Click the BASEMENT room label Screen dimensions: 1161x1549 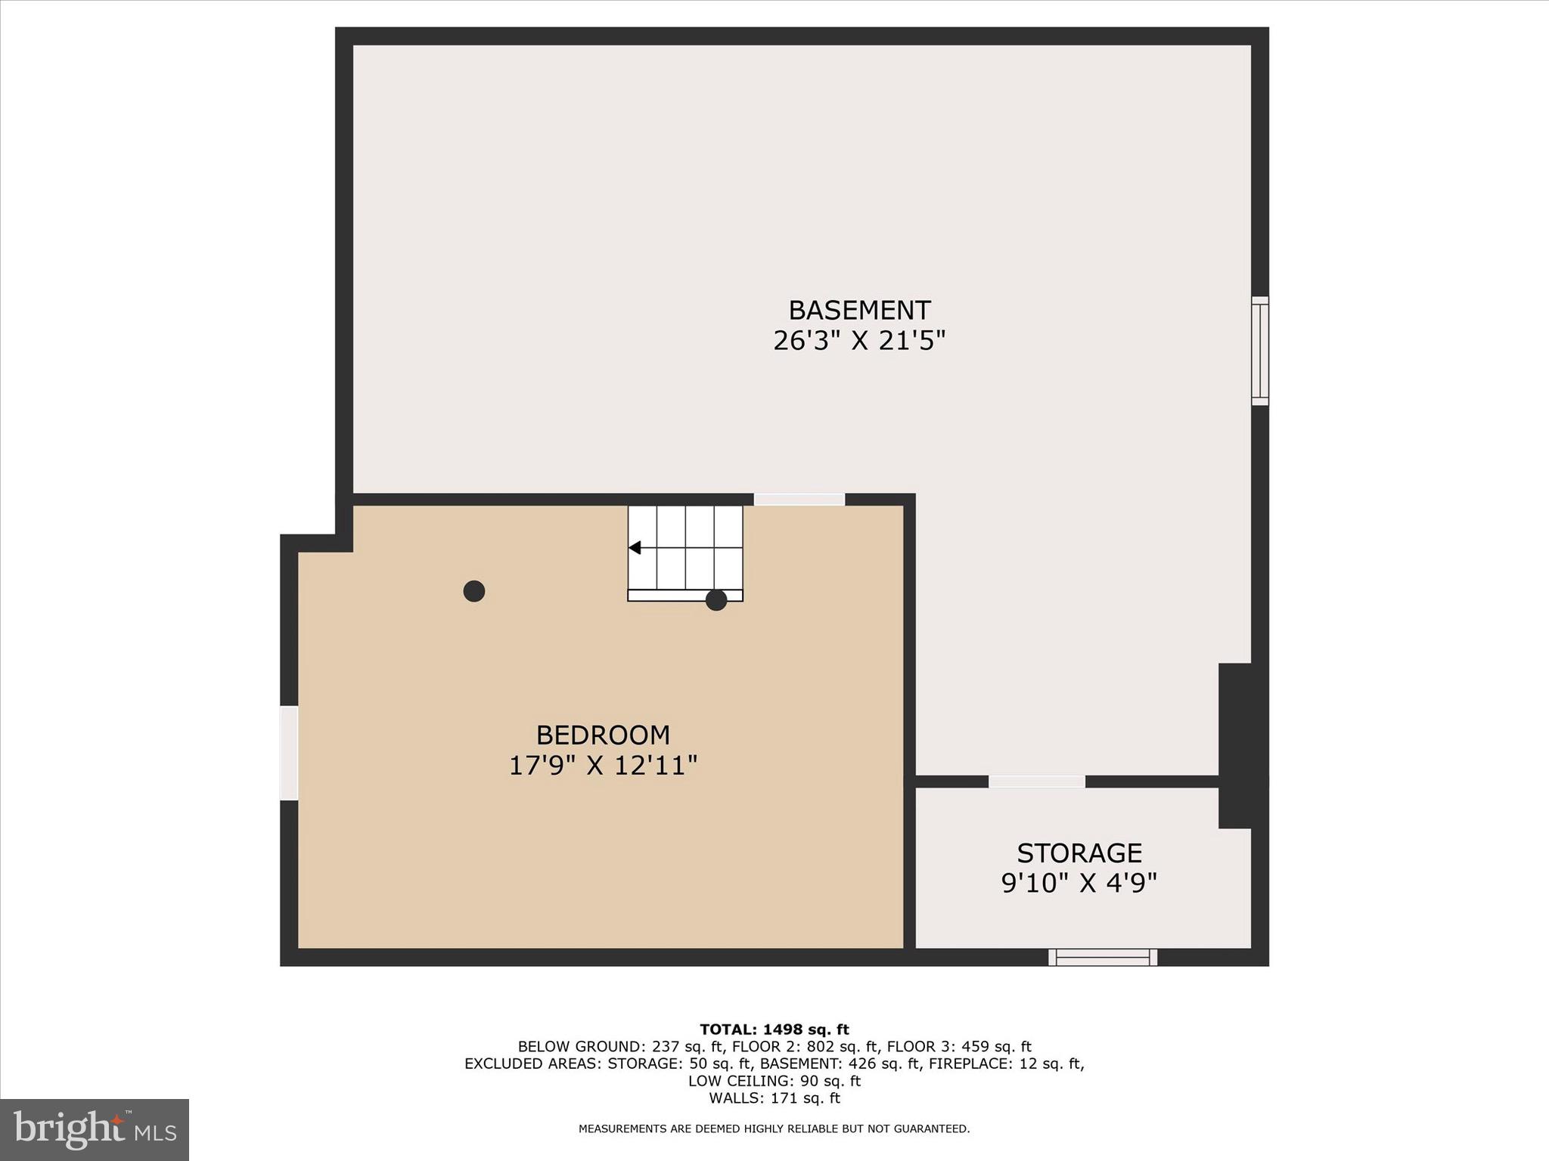[859, 311]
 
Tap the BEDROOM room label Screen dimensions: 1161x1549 [603, 735]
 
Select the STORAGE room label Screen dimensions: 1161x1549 [1079, 853]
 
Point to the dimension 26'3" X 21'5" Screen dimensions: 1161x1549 [859, 342]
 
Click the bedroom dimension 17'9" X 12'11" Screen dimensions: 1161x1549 [603, 766]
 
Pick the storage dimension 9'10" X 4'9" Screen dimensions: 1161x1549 [1079, 884]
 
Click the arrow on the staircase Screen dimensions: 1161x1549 [635, 547]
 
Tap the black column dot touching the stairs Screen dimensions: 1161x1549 [716, 600]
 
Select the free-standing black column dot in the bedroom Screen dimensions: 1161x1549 [474, 591]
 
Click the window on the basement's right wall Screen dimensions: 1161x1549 [1259, 351]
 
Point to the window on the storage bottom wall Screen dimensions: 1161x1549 [1103, 958]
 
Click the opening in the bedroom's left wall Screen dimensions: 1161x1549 [289, 753]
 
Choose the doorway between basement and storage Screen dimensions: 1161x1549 [1037, 782]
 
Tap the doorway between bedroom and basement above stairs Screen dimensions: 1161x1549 [799, 499]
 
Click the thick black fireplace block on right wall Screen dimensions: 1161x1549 [1242, 745]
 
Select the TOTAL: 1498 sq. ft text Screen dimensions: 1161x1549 [774, 1029]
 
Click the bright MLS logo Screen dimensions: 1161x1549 [95, 1129]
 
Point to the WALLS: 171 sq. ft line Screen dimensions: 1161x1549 [774, 1098]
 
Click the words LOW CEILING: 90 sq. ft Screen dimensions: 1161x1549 [774, 1081]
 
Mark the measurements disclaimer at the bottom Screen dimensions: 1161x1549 [774, 1128]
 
